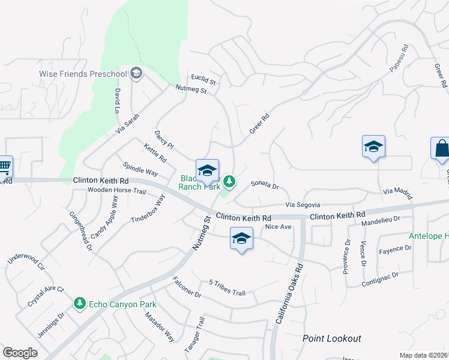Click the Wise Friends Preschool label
[x=83, y=74]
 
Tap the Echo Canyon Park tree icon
[x=79, y=304]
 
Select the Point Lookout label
[x=332, y=339]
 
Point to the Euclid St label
[x=203, y=79]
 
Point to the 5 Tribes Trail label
[x=227, y=288]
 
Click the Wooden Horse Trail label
[x=116, y=191]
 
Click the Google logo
[x=20, y=353]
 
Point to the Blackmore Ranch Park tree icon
[x=229, y=181]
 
